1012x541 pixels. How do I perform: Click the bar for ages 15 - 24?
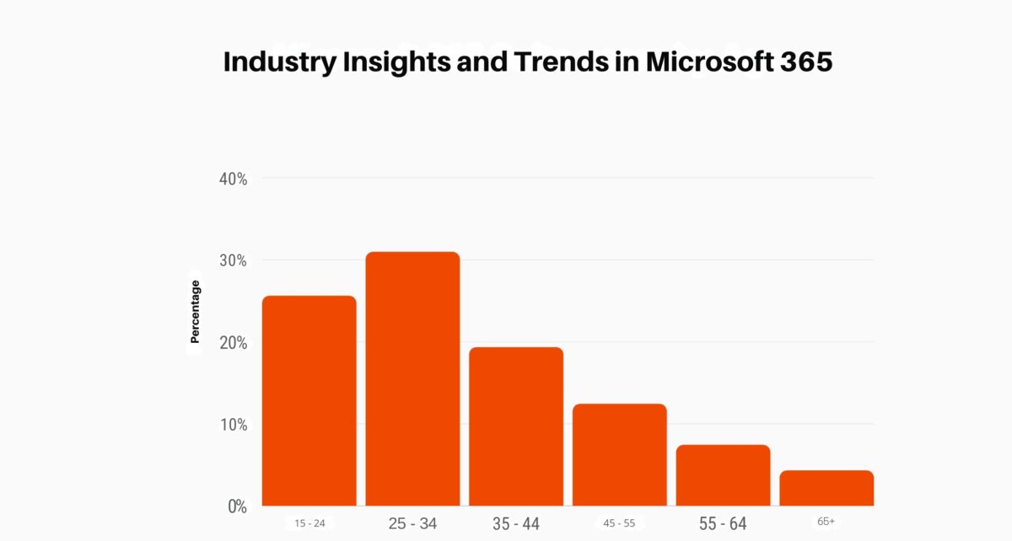click(309, 400)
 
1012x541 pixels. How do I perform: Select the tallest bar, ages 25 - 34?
click(412, 378)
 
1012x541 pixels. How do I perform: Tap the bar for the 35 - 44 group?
click(516, 426)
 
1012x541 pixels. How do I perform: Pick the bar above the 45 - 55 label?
click(620, 454)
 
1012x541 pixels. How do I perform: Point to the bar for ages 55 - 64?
click(723, 474)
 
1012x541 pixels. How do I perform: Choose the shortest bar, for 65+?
click(826, 488)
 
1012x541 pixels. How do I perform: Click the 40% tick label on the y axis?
click(233, 179)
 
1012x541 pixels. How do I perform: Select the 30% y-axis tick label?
click(233, 260)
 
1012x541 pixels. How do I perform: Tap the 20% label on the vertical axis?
click(233, 343)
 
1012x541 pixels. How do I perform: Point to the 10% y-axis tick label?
click(233, 425)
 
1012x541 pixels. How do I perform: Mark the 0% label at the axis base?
click(236, 506)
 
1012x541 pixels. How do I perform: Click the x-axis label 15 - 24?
click(310, 523)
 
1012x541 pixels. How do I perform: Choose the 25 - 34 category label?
click(412, 523)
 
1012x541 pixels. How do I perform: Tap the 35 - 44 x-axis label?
click(516, 524)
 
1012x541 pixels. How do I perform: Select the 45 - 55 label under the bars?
click(619, 523)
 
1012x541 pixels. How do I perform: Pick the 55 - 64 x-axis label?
click(723, 524)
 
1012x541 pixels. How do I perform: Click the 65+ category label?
click(826, 522)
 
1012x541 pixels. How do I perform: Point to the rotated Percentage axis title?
click(195, 311)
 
